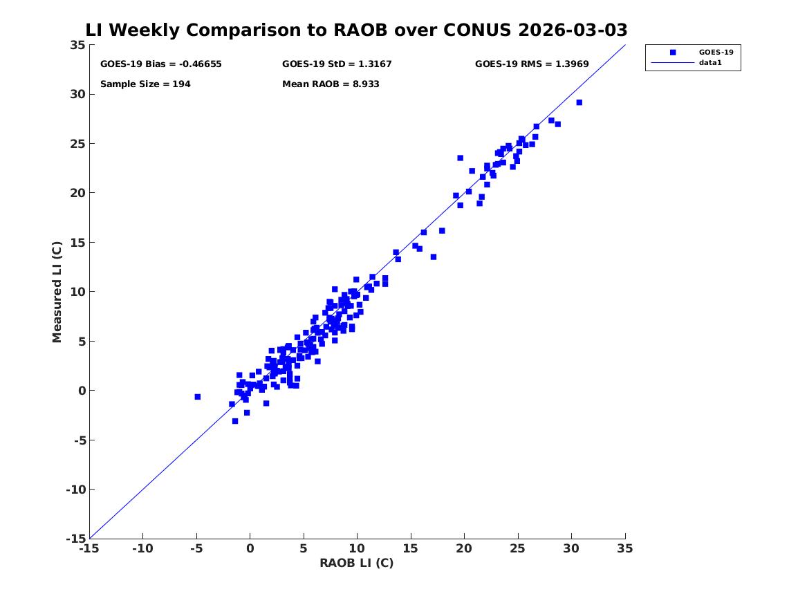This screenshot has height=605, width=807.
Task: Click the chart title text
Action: pyautogui.click(x=356, y=30)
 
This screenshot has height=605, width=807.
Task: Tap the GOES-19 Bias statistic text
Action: pyautogui.click(x=160, y=64)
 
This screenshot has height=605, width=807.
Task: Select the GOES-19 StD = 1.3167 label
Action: pyautogui.click(x=337, y=64)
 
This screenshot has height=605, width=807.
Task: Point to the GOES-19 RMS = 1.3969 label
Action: pyautogui.click(x=531, y=64)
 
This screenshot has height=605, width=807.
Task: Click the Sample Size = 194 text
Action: pyautogui.click(x=145, y=84)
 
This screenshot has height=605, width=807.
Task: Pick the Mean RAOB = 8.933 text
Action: pyautogui.click(x=331, y=84)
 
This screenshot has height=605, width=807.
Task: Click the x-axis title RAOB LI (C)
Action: pyautogui.click(x=356, y=564)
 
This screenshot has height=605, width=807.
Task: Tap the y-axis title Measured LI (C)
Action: pyautogui.click(x=57, y=292)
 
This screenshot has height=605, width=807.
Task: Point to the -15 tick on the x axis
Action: pyautogui.click(x=89, y=548)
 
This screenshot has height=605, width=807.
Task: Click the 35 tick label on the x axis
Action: pyautogui.click(x=624, y=548)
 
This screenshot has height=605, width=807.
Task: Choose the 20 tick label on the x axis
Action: pyautogui.click(x=464, y=548)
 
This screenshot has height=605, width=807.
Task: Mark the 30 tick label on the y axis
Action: pyautogui.click(x=77, y=95)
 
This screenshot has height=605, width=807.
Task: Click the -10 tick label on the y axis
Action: pyautogui.click(x=75, y=490)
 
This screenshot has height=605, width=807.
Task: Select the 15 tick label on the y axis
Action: pyautogui.click(x=77, y=243)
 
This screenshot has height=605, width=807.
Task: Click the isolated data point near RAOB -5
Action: pyautogui.click(x=197, y=397)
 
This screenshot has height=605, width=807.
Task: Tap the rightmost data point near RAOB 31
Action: pyautogui.click(x=579, y=102)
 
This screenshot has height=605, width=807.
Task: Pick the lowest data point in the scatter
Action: pyautogui.click(x=235, y=421)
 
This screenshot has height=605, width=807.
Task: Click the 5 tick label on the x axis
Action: pyautogui.click(x=304, y=548)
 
